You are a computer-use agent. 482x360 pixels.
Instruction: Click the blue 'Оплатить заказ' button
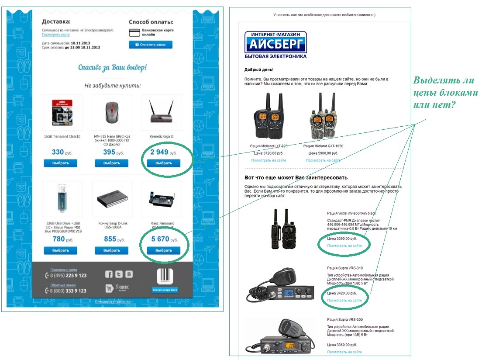click(x=151, y=45)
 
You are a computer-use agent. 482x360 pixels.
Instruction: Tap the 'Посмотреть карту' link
click(x=55, y=35)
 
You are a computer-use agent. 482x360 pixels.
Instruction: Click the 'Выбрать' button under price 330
click(x=60, y=163)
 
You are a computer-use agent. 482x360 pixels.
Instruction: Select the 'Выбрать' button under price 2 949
click(x=164, y=163)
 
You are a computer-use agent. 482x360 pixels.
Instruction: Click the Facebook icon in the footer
click(x=109, y=274)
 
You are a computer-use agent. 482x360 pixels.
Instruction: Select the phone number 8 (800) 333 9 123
click(x=68, y=291)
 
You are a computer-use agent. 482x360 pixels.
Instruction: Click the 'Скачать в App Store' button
click(x=165, y=290)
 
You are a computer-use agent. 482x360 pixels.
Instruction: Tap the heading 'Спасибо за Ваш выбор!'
click(x=112, y=67)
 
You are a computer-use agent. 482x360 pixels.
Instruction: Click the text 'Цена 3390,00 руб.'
click(x=342, y=239)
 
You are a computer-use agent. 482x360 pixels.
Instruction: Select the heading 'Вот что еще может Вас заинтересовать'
click(x=296, y=178)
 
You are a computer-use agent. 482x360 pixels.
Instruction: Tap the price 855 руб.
click(x=114, y=239)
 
